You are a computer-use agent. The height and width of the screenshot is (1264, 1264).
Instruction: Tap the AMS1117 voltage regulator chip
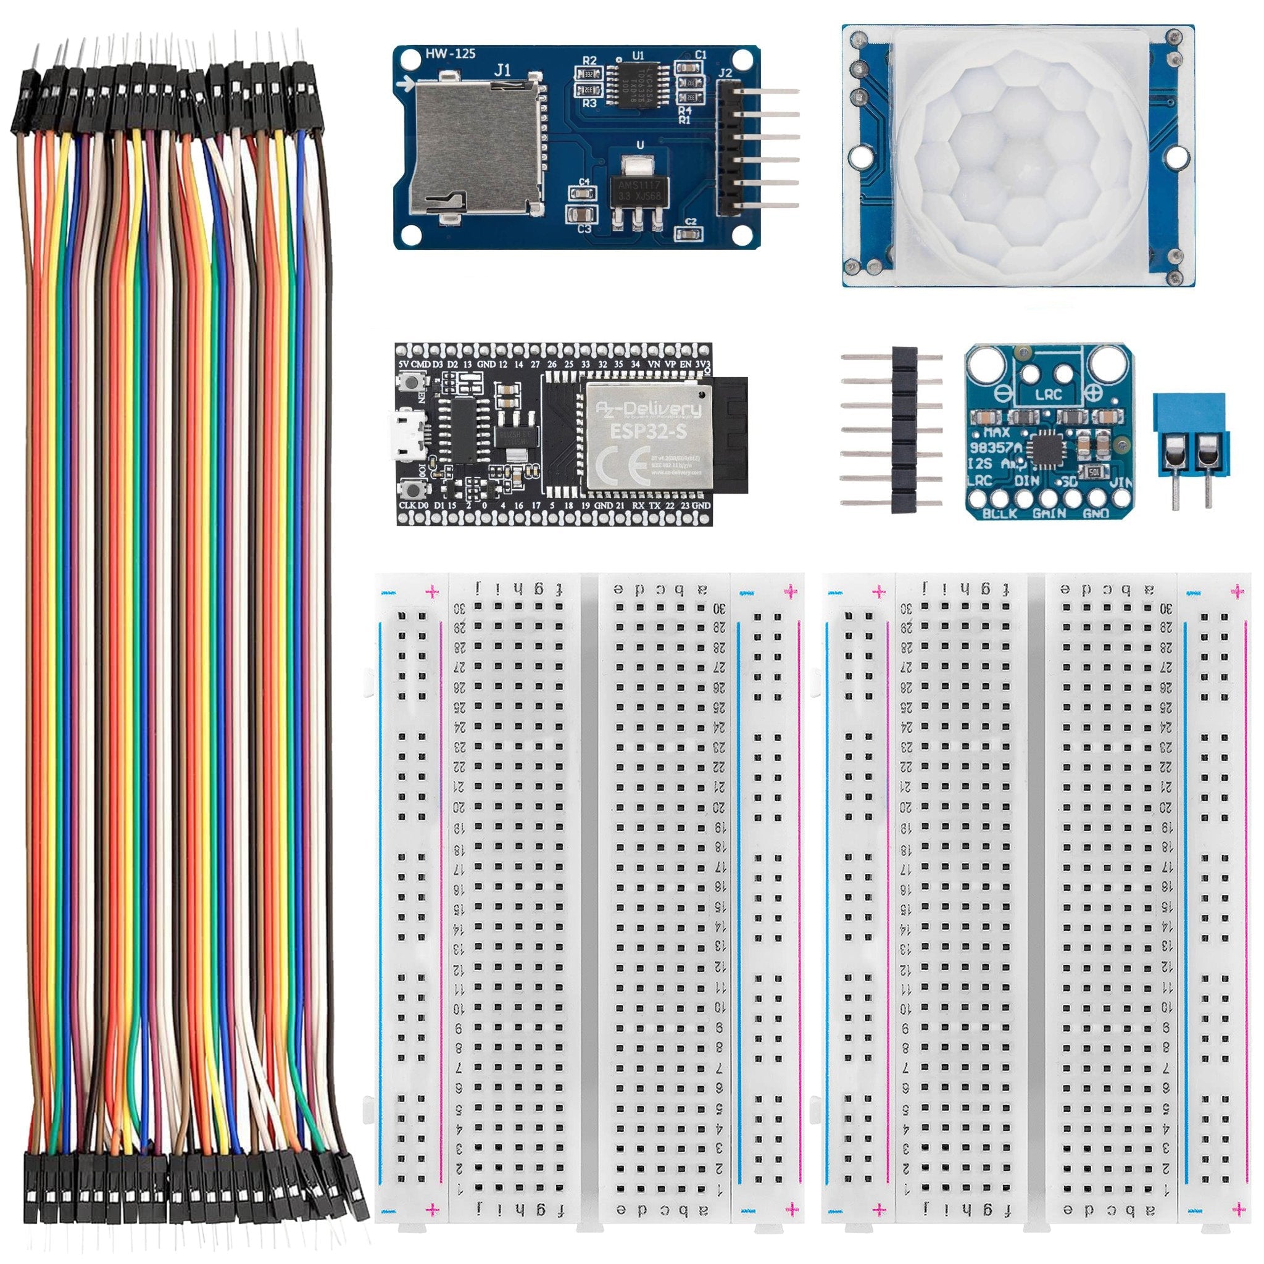coord(634,189)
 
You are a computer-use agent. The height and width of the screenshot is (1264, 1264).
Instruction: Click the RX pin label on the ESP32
coord(638,505)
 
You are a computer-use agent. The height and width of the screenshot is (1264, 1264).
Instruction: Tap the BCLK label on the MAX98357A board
coord(999,513)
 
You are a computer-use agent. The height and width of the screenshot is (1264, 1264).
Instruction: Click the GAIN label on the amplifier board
coord(1049,513)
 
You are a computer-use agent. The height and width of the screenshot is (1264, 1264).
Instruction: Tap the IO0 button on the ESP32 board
coord(413,489)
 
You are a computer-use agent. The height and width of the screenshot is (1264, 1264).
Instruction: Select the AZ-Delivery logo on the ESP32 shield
coord(647,410)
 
